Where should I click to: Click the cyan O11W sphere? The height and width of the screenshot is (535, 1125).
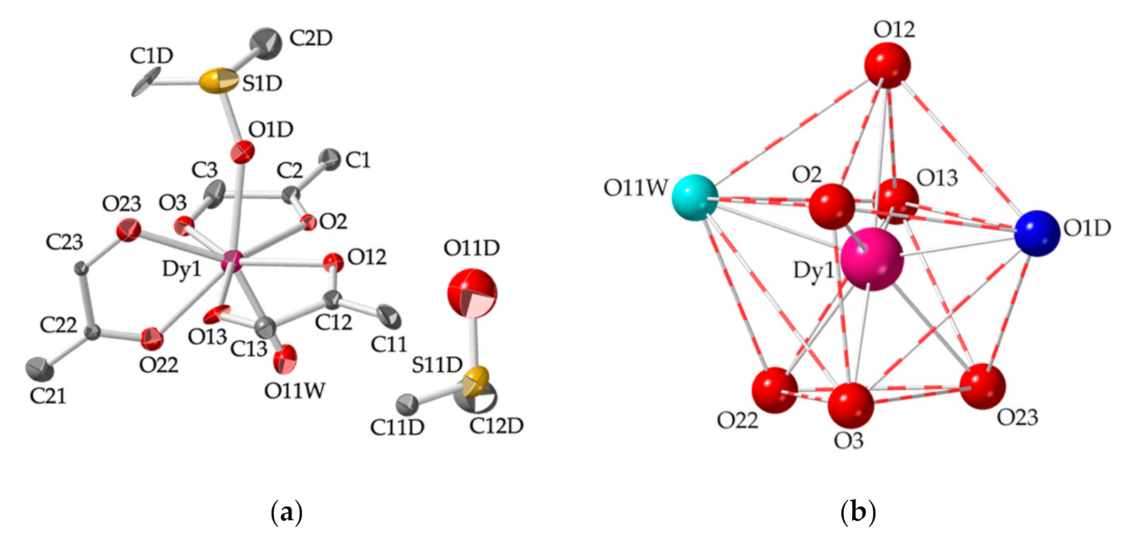tap(695, 198)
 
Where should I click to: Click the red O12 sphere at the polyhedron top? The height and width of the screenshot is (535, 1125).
tap(887, 65)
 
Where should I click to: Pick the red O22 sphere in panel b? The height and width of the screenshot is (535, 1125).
tap(774, 391)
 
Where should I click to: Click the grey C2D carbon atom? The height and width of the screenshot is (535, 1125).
tap(267, 42)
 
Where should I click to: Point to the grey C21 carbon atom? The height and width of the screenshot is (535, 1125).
tap(40, 368)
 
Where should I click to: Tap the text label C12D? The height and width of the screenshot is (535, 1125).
tap(496, 425)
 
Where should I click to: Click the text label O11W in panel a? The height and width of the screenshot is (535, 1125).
tap(294, 391)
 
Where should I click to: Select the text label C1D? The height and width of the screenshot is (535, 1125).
tap(151, 55)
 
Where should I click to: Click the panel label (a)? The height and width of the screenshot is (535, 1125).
tap(287, 512)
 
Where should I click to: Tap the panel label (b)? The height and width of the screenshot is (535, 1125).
tap(858, 512)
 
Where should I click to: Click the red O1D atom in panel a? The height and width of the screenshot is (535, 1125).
tap(243, 151)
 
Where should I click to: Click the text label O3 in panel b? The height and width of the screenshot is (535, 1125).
tap(848, 440)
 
